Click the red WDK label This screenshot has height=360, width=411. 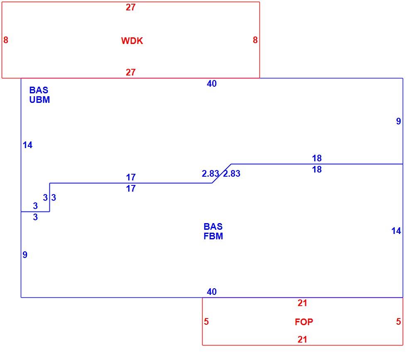click(132, 41)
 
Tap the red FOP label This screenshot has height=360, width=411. click(304, 322)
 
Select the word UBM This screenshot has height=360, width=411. click(39, 100)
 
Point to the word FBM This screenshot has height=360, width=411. click(213, 236)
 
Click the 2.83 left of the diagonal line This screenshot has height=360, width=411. click(210, 174)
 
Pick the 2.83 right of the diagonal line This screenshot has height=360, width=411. click(232, 174)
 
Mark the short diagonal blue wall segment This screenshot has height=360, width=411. click(222, 174)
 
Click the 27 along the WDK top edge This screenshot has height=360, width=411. click(130, 7)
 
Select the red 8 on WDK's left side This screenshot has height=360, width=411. click(6, 40)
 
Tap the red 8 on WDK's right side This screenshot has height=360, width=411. click(255, 40)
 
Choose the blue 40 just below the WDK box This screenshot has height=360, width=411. click(212, 84)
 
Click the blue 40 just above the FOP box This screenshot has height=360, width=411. click(212, 292)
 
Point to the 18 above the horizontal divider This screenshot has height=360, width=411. click(317, 158)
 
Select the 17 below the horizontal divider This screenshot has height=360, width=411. click(131, 189)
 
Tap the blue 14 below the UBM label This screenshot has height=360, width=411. click(27, 145)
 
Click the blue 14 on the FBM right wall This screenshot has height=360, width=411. click(396, 231)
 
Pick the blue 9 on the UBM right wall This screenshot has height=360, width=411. click(399, 121)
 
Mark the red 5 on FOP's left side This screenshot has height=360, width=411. click(206, 321)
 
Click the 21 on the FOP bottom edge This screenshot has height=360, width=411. click(302, 340)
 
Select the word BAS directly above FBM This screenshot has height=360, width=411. click(213, 226)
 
